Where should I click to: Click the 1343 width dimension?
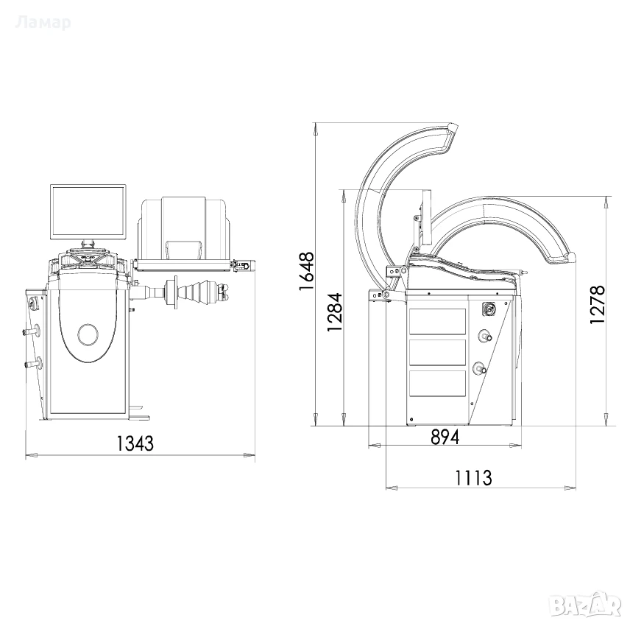coord(135,443)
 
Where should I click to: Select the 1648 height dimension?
coord(306,271)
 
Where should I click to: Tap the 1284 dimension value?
coord(334,312)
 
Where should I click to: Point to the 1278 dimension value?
coord(598,304)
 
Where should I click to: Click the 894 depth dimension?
coord(445,437)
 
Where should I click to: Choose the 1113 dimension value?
coord(473,478)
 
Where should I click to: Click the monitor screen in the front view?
coord(88,212)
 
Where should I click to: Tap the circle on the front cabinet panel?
coord(88,334)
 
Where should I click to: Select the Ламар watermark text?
coord(43,23)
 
